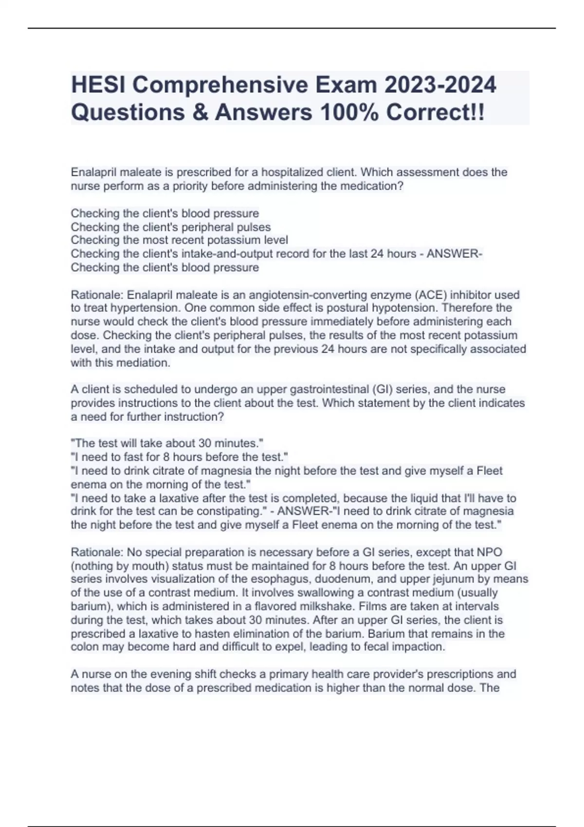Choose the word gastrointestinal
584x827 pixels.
[x=321, y=389]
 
